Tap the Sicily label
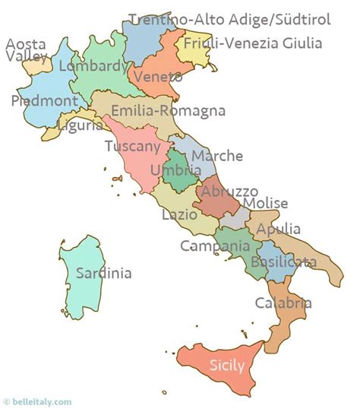[x=227, y=365]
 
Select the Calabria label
[x=283, y=303]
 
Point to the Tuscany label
[x=133, y=147]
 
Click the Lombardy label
[x=93, y=67]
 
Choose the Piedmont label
[x=44, y=100]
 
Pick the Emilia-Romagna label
[x=168, y=111]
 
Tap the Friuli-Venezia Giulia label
[x=253, y=43]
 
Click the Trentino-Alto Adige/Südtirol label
[x=229, y=20]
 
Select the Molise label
[x=266, y=203]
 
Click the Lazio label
[x=180, y=215]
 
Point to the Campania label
[x=215, y=246]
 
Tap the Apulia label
[x=279, y=229]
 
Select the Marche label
[x=217, y=156]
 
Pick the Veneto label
[x=157, y=77]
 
